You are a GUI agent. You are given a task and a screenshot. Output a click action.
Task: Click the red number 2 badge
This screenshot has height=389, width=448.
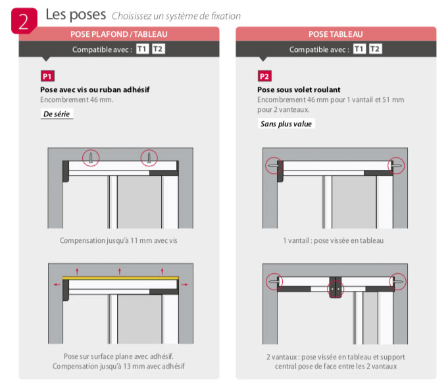click(x=24, y=20)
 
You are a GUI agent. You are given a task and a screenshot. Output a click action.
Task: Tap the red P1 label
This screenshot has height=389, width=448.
click(x=47, y=76)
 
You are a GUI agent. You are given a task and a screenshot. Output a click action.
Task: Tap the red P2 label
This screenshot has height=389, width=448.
click(x=264, y=76)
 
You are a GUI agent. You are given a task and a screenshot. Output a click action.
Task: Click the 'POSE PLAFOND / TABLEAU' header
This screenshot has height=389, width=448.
click(x=119, y=34)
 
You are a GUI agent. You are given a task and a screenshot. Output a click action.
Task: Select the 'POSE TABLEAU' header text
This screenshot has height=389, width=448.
click(x=336, y=34)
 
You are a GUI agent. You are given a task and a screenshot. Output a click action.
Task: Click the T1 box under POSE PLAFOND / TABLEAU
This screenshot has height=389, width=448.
click(x=142, y=49)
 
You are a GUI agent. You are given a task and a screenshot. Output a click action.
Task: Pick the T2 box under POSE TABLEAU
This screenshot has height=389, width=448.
click(x=375, y=49)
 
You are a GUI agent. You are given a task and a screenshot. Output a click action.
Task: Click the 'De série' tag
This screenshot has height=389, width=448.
click(x=57, y=114)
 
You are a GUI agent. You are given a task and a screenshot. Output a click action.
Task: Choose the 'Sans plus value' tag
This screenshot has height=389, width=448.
click(x=286, y=124)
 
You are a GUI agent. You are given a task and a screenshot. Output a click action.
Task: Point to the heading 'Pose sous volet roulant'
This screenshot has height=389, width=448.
click(x=299, y=90)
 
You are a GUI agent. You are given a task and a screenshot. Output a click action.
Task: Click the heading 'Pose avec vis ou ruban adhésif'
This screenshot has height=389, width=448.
click(x=95, y=90)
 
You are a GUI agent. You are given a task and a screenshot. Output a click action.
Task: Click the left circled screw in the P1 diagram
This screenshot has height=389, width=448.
click(x=91, y=158)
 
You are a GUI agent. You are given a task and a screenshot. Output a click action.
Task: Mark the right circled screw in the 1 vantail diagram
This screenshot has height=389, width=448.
click(x=396, y=165)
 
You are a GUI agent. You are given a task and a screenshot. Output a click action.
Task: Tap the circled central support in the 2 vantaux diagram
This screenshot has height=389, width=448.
click(x=336, y=289)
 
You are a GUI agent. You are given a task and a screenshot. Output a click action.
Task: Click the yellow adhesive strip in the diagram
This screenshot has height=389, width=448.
click(x=120, y=278)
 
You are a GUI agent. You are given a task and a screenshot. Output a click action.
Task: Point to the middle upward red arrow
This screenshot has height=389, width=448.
click(x=120, y=271)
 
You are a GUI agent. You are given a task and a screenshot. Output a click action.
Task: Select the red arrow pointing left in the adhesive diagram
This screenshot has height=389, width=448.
click(x=57, y=284)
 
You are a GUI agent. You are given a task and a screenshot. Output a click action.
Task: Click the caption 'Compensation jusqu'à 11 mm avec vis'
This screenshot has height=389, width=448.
click(x=118, y=241)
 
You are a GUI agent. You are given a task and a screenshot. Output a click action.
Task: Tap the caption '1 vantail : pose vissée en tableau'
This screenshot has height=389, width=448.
click(x=333, y=241)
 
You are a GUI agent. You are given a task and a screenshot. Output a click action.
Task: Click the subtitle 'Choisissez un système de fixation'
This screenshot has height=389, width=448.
click(x=176, y=16)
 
